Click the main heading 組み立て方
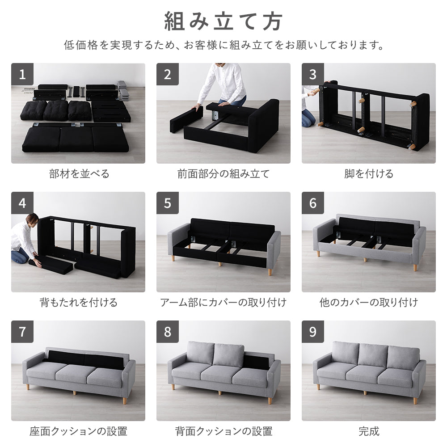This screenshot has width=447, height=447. coord(223,21)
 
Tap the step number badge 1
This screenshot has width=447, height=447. coord(22,74)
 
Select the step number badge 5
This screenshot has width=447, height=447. coord(168,203)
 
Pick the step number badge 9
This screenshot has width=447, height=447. coord(313,332)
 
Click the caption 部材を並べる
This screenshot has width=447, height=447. coord(79,174)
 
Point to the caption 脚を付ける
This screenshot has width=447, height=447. coord(369,174)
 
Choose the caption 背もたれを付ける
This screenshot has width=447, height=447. coord(78,303)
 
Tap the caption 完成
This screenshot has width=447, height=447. coord(369,431)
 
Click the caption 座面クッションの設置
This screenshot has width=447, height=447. coord(78,431)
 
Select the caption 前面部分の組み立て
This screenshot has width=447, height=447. coord(223,174)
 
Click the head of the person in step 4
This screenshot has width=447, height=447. coord(32,219)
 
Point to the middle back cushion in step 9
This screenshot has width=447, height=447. coord(372,355)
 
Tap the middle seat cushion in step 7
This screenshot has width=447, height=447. coord(74,374)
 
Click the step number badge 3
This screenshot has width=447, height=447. coord(313,74)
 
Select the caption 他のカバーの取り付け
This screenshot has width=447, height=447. coord(369,303)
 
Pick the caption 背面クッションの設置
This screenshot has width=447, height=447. coord(223,431)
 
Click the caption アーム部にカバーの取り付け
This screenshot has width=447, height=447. coord(223,303)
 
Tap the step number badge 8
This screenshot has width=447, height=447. coord(168,332)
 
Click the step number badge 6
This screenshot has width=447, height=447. coord(313,203)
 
